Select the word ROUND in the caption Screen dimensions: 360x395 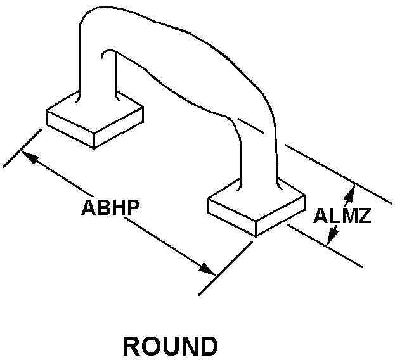170,347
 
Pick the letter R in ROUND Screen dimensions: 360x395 132,347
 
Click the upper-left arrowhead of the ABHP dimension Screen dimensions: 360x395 29,156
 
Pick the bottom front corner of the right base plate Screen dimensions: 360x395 256,236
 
